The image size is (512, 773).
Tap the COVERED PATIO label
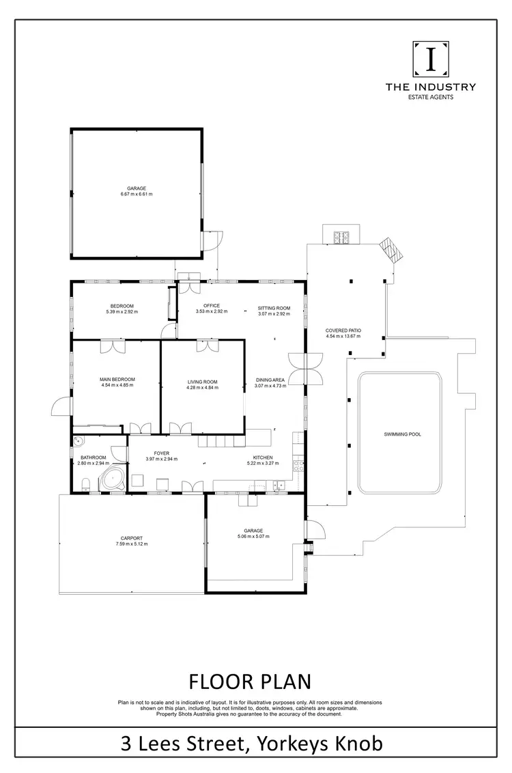(343, 331)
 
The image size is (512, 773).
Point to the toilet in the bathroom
(83, 485)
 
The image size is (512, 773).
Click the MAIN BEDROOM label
(117, 379)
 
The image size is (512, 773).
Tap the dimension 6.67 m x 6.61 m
(137, 195)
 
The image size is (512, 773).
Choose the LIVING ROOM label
(203, 382)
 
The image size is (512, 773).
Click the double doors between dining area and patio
(307, 369)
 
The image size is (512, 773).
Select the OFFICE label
(212, 305)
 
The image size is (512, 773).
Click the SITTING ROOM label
(274, 308)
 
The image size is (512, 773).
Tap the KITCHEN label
(264, 458)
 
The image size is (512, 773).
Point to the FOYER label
(162, 453)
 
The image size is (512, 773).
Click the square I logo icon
(431, 60)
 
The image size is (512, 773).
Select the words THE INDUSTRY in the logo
(431, 87)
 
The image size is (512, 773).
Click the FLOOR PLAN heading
(250, 681)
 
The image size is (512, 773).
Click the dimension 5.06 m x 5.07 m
(253, 537)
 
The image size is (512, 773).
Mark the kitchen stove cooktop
(298, 467)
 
